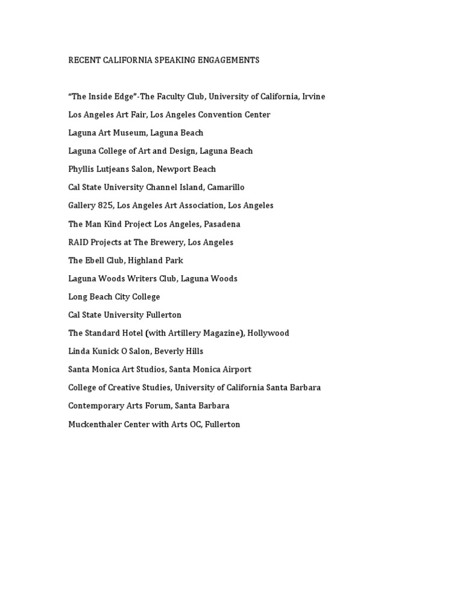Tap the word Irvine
pyautogui.click(x=313, y=96)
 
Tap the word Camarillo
pyautogui.click(x=226, y=187)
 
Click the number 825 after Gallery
pyautogui.click(x=106, y=205)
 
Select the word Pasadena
pyautogui.click(x=222, y=224)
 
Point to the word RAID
pyautogui.click(x=78, y=242)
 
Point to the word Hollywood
pyautogui.click(x=268, y=333)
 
